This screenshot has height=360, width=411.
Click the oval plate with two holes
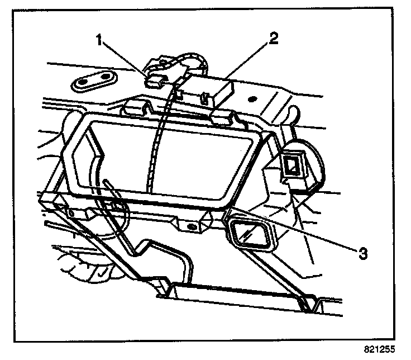(x=92, y=81)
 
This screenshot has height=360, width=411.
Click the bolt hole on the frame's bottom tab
(x=191, y=226)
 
